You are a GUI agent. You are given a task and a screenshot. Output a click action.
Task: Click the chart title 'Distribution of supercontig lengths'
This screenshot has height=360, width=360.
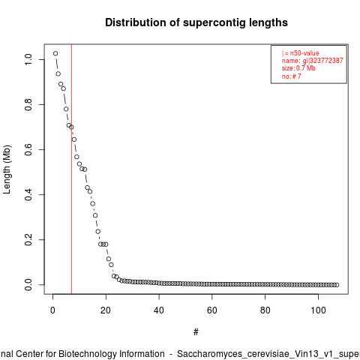pos(196,22)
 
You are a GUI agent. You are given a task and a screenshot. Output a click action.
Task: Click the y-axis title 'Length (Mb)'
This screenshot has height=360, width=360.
pos(7,169)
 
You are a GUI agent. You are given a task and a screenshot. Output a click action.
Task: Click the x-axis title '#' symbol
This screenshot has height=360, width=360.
pos(196,332)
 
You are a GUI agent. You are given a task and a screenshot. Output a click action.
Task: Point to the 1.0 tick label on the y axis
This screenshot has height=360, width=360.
pos(28,59)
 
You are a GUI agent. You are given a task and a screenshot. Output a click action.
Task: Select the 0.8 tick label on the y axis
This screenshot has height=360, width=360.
pos(28,104)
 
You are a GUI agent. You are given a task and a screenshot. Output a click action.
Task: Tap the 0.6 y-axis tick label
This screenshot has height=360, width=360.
pos(28,149)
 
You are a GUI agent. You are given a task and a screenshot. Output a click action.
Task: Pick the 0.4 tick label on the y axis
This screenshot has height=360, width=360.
pos(28,194)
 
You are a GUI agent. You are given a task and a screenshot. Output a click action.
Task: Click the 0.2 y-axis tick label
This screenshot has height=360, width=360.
pos(28,239)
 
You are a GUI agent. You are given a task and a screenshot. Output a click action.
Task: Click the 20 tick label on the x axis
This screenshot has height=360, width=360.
pos(106,310)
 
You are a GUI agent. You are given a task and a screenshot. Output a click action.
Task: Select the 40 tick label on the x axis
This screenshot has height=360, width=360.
pos(159,310)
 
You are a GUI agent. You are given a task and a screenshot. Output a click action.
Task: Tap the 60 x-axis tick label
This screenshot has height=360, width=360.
pos(212,310)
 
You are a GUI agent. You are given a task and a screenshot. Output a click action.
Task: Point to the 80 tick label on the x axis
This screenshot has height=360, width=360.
pos(265,310)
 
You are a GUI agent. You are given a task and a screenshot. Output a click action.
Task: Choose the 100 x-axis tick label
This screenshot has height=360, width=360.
pos(318,310)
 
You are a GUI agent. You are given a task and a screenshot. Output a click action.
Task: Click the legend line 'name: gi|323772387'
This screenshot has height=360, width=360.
pos(313,61)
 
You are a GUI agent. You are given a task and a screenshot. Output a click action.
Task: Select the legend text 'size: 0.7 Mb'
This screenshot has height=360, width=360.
pos(298,68)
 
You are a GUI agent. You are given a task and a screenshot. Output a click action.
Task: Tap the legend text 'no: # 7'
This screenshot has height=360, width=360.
pos(292,76)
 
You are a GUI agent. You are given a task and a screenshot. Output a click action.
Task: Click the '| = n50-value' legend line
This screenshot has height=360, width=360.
pos(301,53)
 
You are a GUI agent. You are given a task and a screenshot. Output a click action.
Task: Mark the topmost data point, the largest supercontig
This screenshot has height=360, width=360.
pos(55,53)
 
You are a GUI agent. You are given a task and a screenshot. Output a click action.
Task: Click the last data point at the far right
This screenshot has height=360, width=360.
pos(337,285)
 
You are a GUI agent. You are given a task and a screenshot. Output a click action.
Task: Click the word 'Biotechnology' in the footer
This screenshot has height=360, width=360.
pos(87,354)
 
